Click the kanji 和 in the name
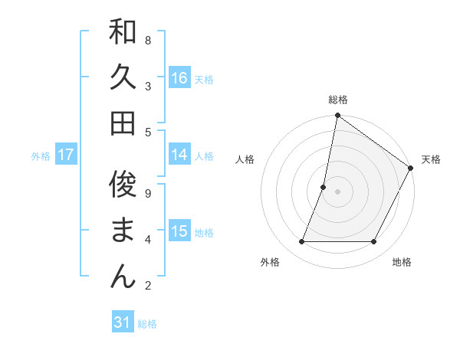(123, 33)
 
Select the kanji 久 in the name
(123, 78)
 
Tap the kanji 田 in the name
(123, 123)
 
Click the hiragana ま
(123, 230)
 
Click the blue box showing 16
(179, 78)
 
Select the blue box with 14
(179, 155)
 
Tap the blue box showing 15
(179, 231)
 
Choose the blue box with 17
(66, 155)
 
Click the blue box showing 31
(123, 322)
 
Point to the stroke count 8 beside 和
(148, 40)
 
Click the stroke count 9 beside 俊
(148, 193)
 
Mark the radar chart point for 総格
(337, 116)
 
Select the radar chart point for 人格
(324, 187)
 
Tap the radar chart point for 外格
(302, 242)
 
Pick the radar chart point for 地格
(374, 242)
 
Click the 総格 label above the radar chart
(338, 100)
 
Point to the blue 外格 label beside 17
(41, 156)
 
